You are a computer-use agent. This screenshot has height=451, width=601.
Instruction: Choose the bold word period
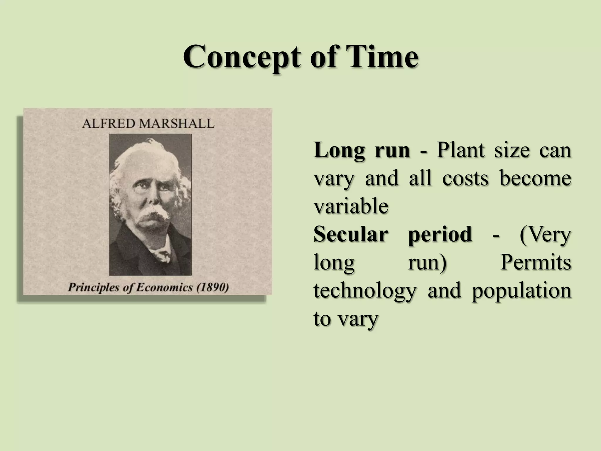coord(440,235)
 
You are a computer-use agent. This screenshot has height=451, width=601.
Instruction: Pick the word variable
coord(351,206)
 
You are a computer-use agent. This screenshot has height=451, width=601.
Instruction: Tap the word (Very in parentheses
coord(545,235)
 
